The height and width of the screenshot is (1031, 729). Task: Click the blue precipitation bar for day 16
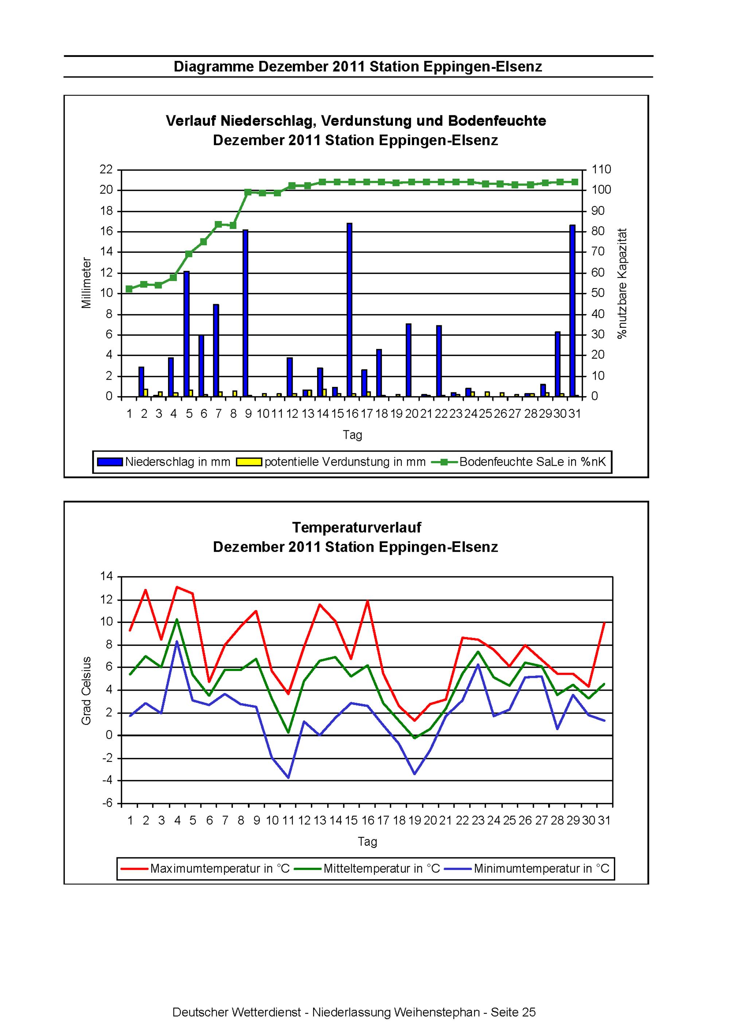(x=349, y=310)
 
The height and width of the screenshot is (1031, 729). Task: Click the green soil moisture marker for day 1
(x=129, y=289)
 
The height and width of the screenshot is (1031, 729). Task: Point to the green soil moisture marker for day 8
(x=233, y=225)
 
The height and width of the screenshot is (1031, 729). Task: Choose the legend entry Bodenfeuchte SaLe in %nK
(x=519, y=462)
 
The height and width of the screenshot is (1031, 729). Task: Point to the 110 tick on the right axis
(x=601, y=169)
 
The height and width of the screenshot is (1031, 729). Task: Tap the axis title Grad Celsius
(x=86, y=691)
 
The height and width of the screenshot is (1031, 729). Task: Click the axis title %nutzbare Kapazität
(x=622, y=283)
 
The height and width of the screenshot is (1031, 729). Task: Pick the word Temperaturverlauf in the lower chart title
(x=356, y=527)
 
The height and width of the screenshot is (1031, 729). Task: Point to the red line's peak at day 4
(x=177, y=586)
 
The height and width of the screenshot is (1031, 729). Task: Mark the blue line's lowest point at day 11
(x=288, y=778)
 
